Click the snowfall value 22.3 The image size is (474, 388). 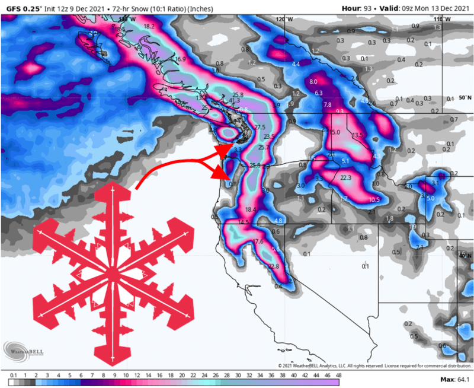tap(346, 177)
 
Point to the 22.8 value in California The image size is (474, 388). tap(274, 267)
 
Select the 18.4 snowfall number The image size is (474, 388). tap(250, 209)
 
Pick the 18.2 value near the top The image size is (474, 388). tap(149, 27)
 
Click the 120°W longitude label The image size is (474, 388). tap(284, 20)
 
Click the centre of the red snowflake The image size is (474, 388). tap(112, 273)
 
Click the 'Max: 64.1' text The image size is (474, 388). tap(454, 379)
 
